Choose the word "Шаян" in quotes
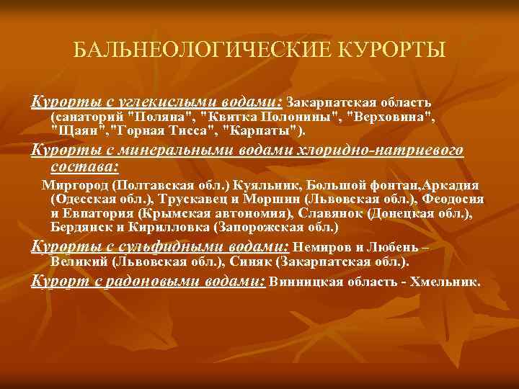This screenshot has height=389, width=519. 76,131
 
